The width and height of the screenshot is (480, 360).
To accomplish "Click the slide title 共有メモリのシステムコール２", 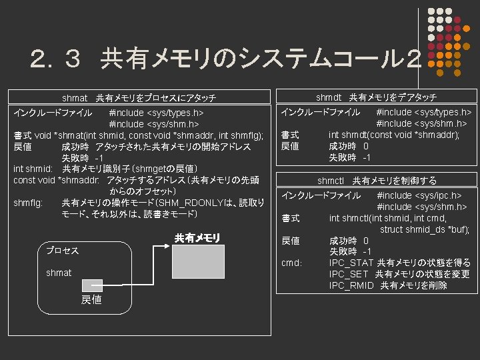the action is [226, 61].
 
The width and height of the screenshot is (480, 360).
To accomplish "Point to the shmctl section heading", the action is [377, 181].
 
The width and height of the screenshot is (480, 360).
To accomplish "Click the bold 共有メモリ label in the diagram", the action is [197, 237].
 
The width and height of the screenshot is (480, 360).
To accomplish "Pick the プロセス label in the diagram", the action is [62, 251].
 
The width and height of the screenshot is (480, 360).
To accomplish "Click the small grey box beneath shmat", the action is [92, 285].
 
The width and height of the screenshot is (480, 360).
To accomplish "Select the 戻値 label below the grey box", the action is [91, 300].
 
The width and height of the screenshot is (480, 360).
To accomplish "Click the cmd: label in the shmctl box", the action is [292, 263].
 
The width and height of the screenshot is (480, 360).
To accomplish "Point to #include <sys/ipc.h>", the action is [419, 195].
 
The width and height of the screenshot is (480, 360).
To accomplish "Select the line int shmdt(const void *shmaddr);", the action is [394, 135].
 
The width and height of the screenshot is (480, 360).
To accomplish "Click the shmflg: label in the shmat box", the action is [29, 203].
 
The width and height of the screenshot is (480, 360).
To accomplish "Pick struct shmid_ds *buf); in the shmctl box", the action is [425, 229].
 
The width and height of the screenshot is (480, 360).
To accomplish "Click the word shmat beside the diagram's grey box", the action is [59, 273].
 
